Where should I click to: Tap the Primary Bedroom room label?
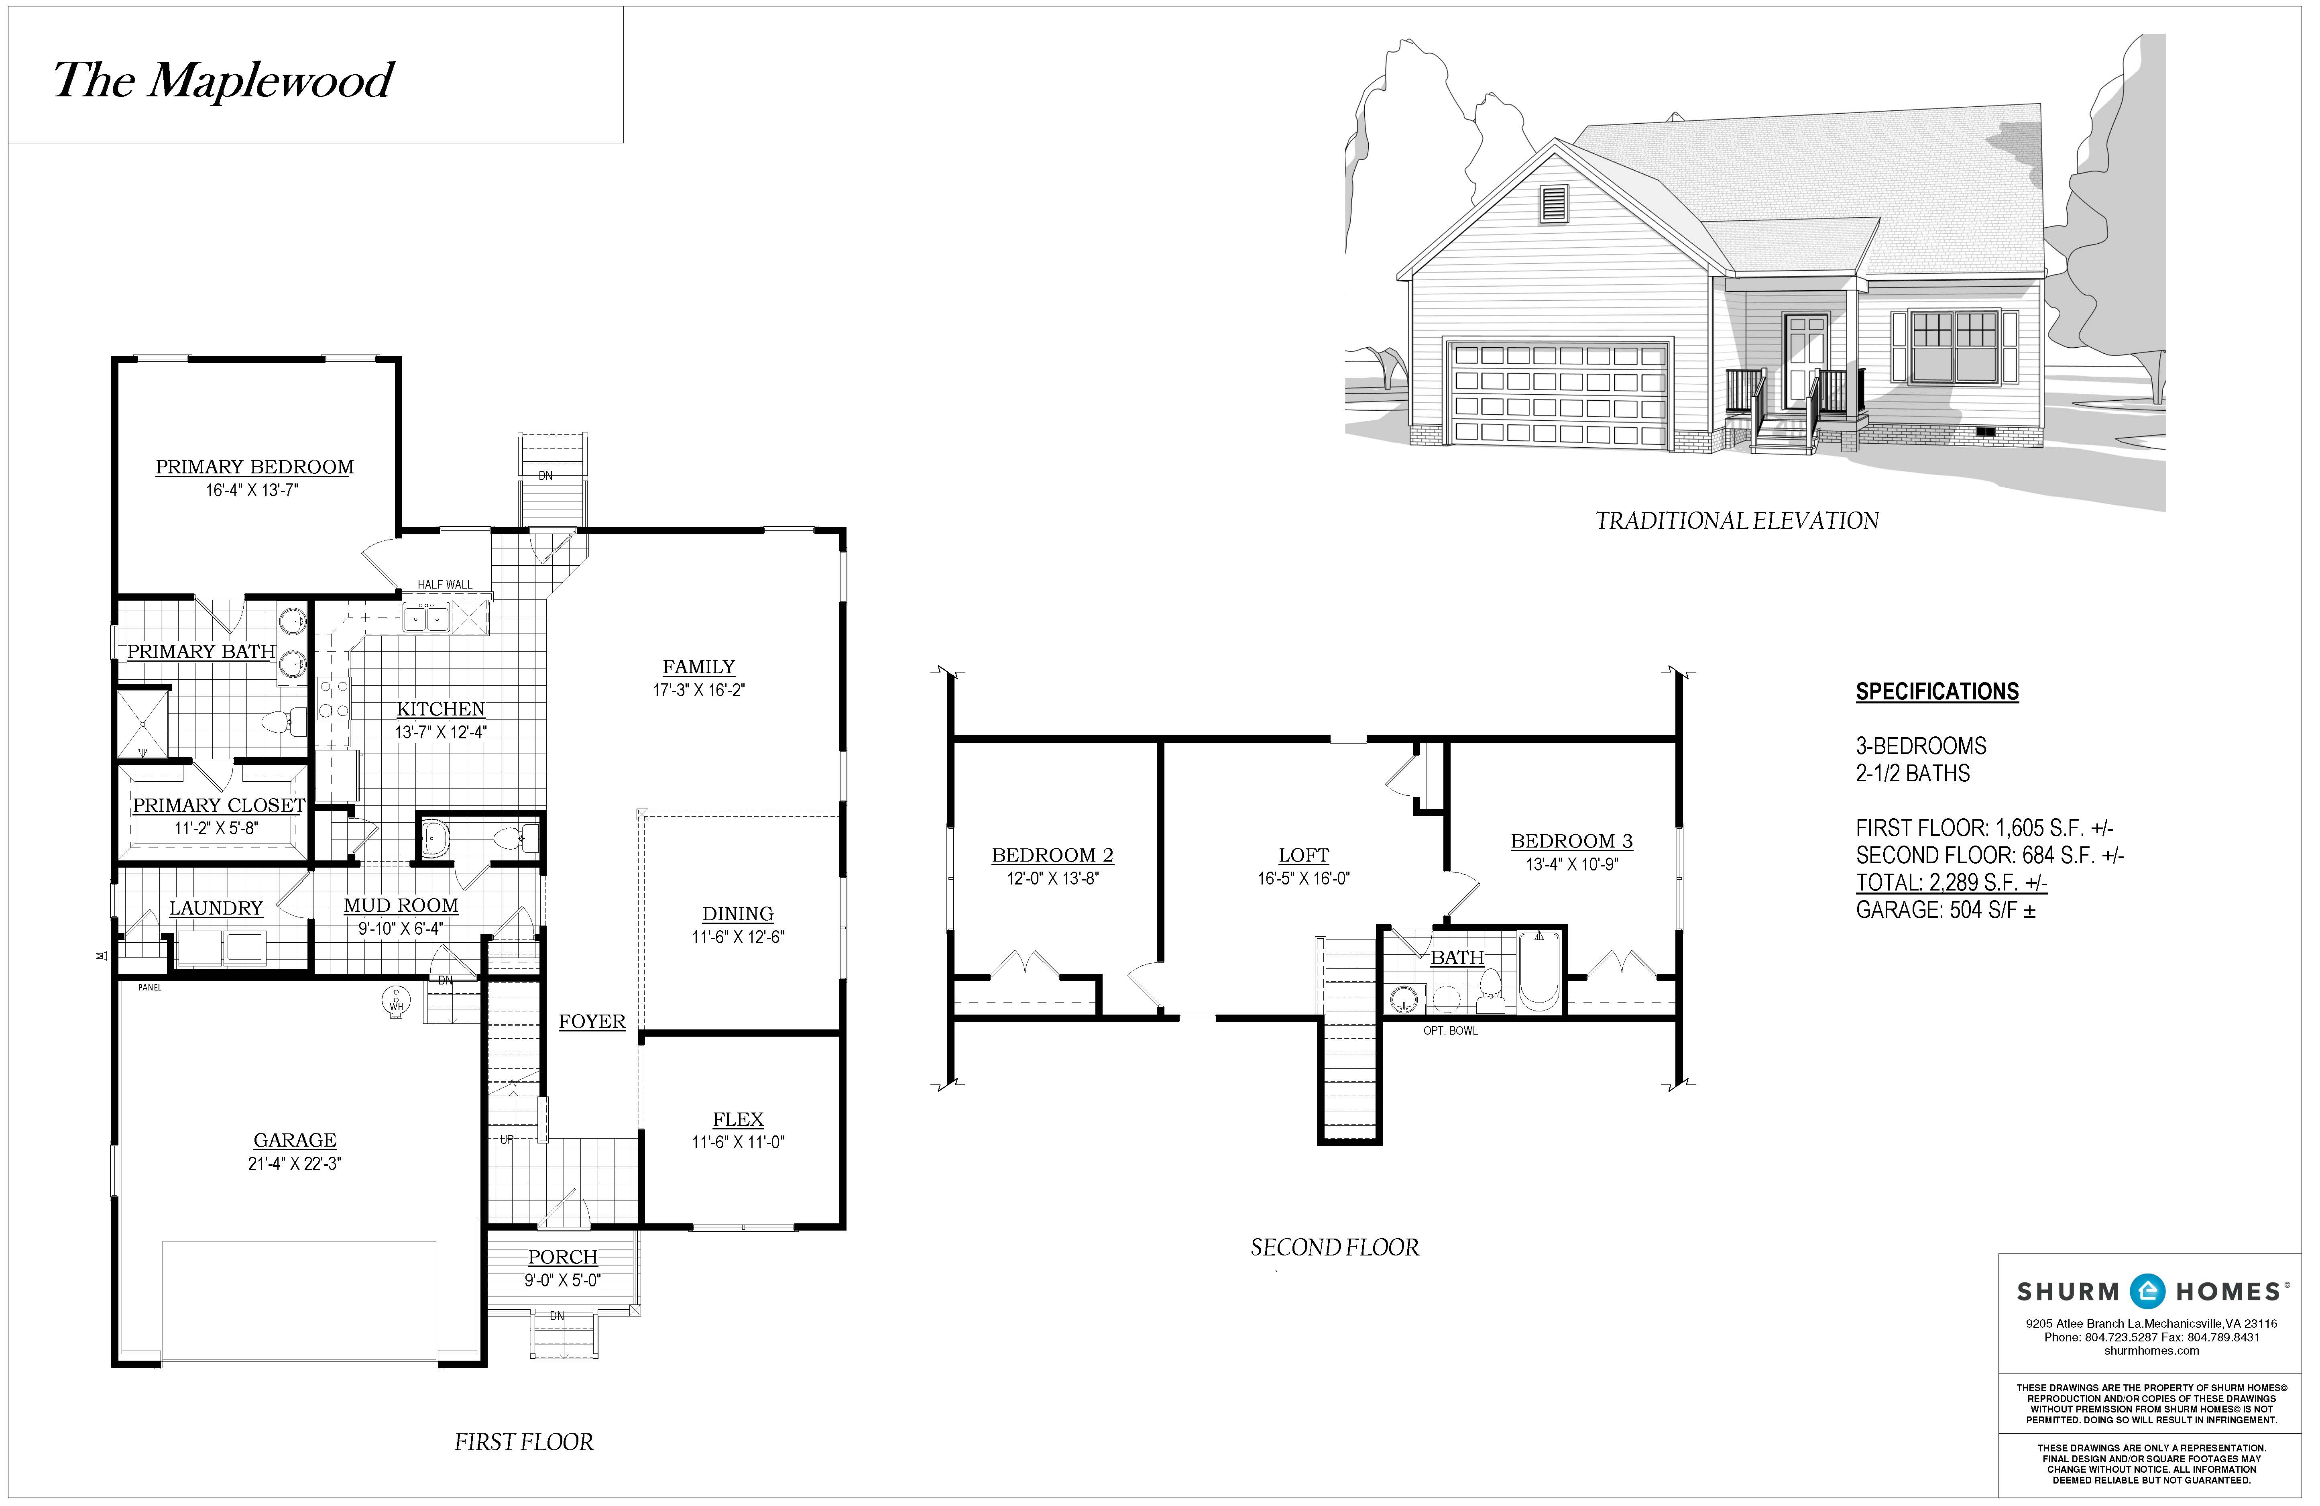pyautogui.click(x=254, y=467)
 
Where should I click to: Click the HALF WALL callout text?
pyautogui.click(x=444, y=585)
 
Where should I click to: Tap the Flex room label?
pyautogui.click(x=738, y=1120)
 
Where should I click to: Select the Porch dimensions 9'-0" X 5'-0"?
pyautogui.click(x=562, y=1281)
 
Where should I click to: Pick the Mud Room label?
pyautogui.click(x=401, y=905)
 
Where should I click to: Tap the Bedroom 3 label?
pyautogui.click(x=1571, y=841)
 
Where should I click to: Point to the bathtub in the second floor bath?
pyautogui.click(x=1539, y=970)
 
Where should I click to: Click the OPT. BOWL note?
pyautogui.click(x=1449, y=1030)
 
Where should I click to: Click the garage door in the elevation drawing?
pyautogui.click(x=1559, y=394)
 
